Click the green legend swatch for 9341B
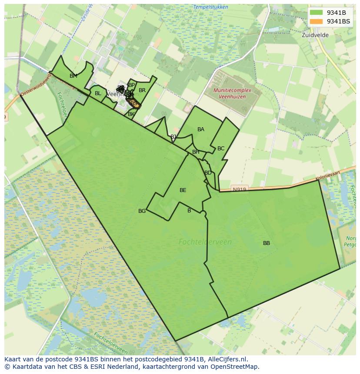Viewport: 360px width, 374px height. pos(316,13)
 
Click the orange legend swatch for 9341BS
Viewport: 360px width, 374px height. pos(316,21)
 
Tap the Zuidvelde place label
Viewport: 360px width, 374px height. pos(315,35)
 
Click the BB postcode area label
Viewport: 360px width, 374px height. pos(267,243)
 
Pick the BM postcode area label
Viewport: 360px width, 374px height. pos(73,76)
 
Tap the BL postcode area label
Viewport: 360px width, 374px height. pos(98,93)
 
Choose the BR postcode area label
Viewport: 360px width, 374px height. pos(142,90)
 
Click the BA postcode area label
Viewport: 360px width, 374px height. pos(201,129)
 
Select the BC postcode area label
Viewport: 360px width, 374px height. pos(221,149)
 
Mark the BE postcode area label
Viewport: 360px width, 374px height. pos(183,190)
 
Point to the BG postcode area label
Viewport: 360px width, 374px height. pos(142,211)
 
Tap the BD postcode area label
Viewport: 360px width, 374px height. pos(208,173)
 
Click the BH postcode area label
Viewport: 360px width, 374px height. pos(196,152)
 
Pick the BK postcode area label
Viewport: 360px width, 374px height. pos(131,114)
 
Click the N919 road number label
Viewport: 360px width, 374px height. pos(239,189)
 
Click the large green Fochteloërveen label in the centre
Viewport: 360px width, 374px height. pos(205,242)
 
